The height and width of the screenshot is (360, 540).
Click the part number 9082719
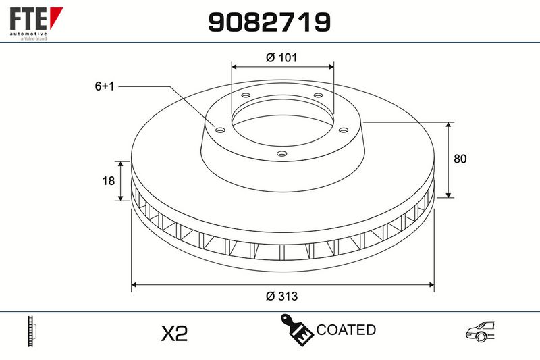pos(269,22)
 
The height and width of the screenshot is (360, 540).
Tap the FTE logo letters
pos(28,19)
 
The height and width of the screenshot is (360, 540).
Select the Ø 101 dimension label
pos(281,57)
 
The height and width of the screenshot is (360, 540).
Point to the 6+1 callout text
pos(105,86)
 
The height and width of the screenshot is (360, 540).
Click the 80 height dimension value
pos(460,159)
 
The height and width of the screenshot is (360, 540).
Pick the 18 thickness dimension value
pos(108,180)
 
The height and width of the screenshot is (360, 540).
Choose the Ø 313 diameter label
pos(281,296)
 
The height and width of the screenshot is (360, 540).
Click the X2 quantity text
pos(175,333)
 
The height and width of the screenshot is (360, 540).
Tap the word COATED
pos(346,330)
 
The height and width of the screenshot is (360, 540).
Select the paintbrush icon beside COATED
pos(297,330)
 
